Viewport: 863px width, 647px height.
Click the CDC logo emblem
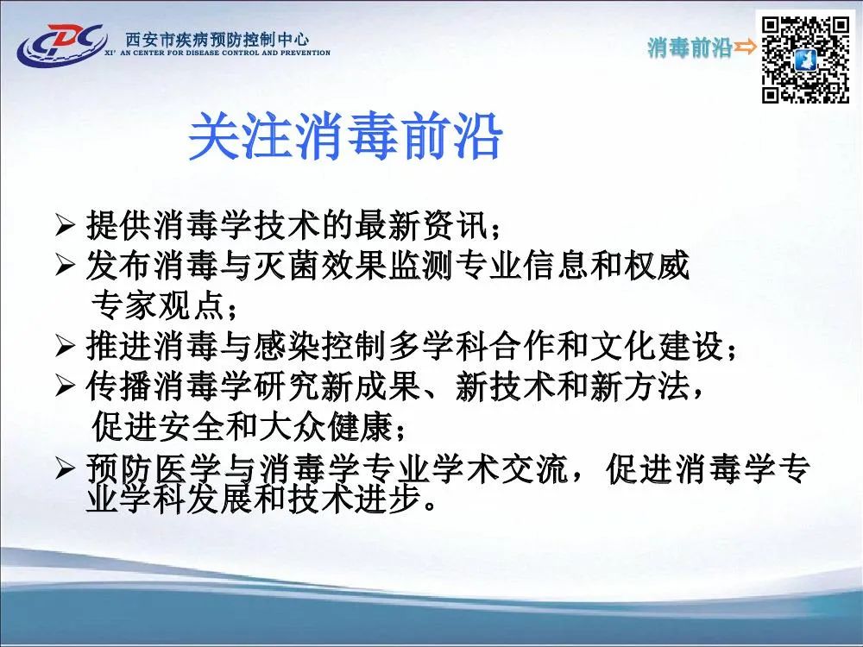click(x=61, y=44)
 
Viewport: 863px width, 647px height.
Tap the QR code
click(x=805, y=60)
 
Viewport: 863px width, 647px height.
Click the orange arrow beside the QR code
click(x=746, y=47)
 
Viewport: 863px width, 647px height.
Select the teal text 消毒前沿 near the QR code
click(x=690, y=47)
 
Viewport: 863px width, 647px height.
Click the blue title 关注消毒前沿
click(x=345, y=136)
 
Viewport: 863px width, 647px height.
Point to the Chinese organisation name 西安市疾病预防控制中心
click(x=217, y=39)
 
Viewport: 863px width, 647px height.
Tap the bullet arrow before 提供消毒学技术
click(x=65, y=225)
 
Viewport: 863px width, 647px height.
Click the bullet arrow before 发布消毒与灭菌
click(x=65, y=265)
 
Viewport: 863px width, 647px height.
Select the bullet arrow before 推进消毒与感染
click(x=65, y=346)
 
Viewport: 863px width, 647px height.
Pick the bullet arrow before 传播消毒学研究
click(x=65, y=386)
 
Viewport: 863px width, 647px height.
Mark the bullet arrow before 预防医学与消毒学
click(x=65, y=468)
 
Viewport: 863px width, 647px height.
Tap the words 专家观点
click(x=157, y=305)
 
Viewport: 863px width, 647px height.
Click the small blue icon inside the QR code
click(x=805, y=60)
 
